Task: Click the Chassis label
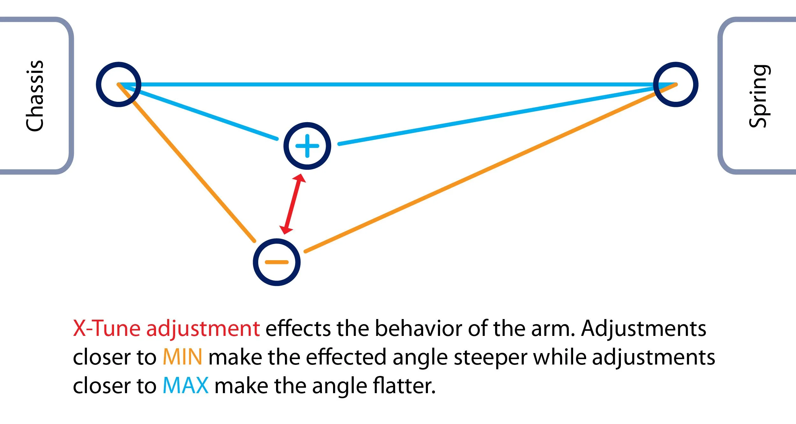pyautogui.click(x=34, y=95)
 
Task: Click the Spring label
pyautogui.click(x=760, y=96)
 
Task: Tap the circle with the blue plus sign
pyautogui.click(x=307, y=146)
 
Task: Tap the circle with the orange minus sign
pyautogui.click(x=277, y=262)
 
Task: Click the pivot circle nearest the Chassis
pyautogui.click(x=118, y=84)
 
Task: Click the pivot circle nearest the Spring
pyautogui.click(x=676, y=84)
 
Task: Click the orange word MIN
pyautogui.click(x=182, y=357)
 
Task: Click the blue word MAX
pyautogui.click(x=186, y=386)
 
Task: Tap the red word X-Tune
pyautogui.click(x=107, y=328)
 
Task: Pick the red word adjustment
pyautogui.click(x=203, y=329)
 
